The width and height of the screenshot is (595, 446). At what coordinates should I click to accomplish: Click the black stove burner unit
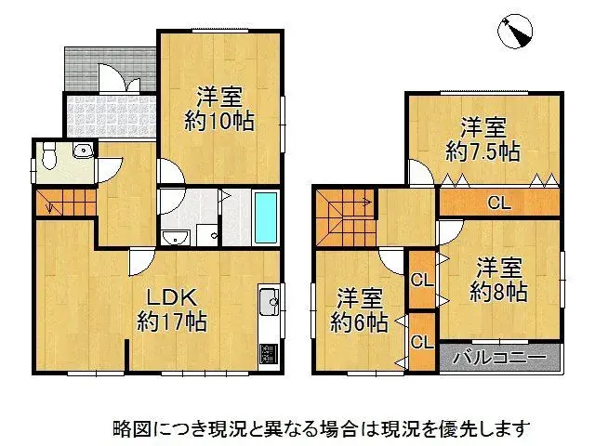click(x=268, y=354)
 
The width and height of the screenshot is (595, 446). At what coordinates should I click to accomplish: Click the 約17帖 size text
click(x=171, y=322)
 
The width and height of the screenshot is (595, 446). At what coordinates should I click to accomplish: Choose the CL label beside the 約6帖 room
click(x=421, y=342)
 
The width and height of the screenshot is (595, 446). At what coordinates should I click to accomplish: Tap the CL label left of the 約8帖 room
click(x=421, y=279)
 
